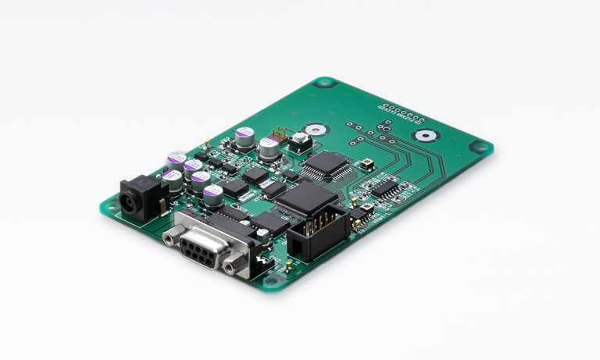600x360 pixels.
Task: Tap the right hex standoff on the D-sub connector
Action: tap(232, 266)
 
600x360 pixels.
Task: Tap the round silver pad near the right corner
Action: tap(424, 135)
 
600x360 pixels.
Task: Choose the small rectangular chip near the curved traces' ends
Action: tap(386, 189)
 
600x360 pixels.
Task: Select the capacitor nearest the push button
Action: tap(270, 148)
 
